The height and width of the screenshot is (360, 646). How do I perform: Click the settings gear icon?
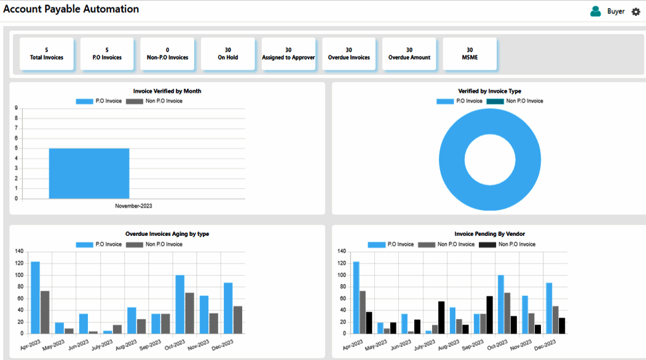click(636, 12)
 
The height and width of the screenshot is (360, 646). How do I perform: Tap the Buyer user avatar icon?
click(596, 12)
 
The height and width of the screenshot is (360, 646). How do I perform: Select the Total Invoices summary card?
click(47, 54)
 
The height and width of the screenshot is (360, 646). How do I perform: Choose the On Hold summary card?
click(228, 54)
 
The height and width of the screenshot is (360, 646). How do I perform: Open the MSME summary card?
click(470, 54)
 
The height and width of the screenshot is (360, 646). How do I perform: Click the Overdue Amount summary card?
click(409, 54)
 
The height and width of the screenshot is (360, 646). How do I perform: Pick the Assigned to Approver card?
click(288, 54)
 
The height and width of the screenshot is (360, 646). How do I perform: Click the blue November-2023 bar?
click(89, 173)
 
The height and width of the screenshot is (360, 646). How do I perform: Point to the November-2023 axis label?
click(133, 206)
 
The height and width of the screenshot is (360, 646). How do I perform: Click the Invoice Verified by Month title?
click(167, 91)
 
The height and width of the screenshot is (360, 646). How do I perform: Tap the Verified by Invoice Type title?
click(489, 91)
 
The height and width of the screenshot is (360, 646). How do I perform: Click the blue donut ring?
click(452, 160)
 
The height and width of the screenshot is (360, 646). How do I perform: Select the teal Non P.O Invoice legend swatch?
click(495, 101)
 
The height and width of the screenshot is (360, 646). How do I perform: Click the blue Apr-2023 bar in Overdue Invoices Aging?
click(36, 297)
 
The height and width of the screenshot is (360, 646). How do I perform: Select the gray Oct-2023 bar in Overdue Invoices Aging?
click(189, 313)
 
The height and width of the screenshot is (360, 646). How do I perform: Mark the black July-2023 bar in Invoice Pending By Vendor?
click(441, 318)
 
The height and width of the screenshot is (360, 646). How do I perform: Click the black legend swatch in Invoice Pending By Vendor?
click(487, 245)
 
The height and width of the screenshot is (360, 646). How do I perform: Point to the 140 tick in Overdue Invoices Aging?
click(19, 251)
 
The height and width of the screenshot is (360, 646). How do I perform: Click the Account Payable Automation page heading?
click(71, 9)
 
